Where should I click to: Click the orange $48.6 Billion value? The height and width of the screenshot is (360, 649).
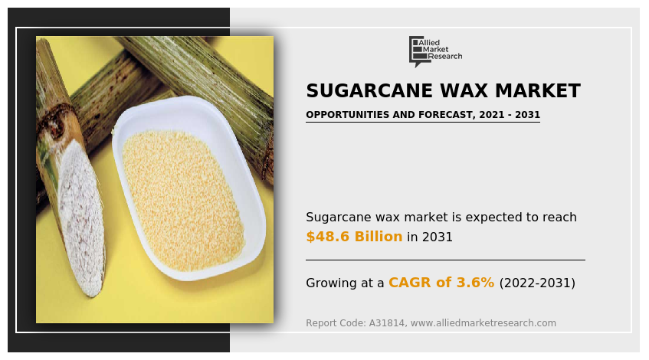tap(354, 237)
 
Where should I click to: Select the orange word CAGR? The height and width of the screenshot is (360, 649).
tap(411, 283)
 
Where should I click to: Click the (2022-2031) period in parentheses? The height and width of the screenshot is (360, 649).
tap(537, 283)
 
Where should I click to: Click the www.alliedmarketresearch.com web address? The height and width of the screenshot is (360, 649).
tap(483, 323)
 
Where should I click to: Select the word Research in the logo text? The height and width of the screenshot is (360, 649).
tap(445, 57)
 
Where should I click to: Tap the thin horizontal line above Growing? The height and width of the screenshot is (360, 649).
tap(445, 260)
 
